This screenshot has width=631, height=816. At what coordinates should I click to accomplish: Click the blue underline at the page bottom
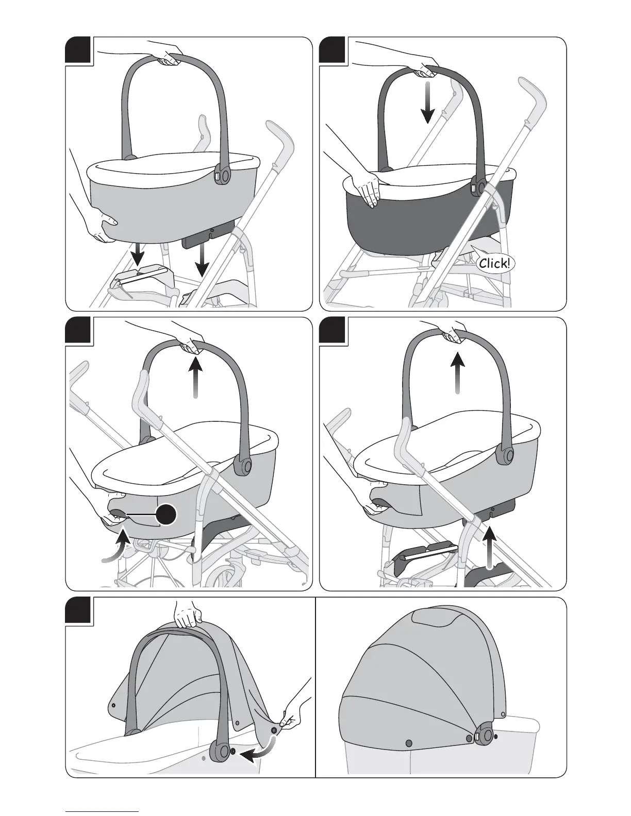point(102,811)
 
